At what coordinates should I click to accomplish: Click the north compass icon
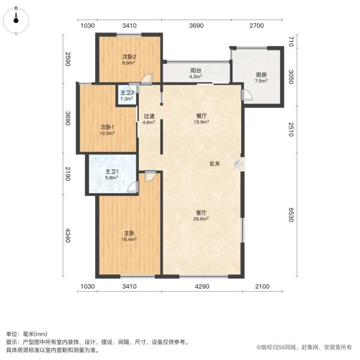pyautogui.click(x=16, y=21)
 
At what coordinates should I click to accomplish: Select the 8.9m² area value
pyautogui.click(x=129, y=63)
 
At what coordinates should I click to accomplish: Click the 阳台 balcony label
pyautogui.click(x=196, y=71)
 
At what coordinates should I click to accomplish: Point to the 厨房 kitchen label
pyautogui.click(x=261, y=75)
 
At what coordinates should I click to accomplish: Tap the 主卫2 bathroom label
pyautogui.click(x=127, y=93)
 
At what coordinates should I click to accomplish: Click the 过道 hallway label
pyautogui.click(x=149, y=116)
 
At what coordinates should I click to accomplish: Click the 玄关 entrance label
pyautogui.click(x=215, y=164)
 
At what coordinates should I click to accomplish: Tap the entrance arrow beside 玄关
pyautogui.click(x=238, y=164)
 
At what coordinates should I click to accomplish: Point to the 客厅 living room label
pyautogui.click(x=201, y=213)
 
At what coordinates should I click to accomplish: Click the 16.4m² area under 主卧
pyautogui.click(x=129, y=239)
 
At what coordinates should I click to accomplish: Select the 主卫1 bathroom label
pyautogui.click(x=112, y=171)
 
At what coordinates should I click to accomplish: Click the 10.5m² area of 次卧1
pyautogui.click(x=107, y=133)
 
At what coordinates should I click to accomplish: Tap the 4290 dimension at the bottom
pyautogui.click(x=202, y=286)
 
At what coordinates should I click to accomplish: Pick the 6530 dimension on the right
pyautogui.click(x=291, y=215)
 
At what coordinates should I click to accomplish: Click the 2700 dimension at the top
pyautogui.click(x=257, y=26)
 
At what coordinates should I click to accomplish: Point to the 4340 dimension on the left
pyautogui.click(x=68, y=235)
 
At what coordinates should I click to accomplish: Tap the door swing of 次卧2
pyautogui.click(x=146, y=79)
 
